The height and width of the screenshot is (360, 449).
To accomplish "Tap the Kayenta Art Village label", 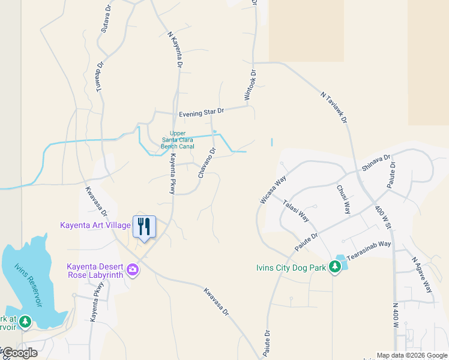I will (95, 226).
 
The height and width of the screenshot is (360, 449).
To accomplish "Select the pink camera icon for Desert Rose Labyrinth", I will (133, 271).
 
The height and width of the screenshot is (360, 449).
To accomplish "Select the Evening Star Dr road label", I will (201, 112).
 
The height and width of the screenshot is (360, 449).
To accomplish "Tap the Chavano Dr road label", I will (206, 163).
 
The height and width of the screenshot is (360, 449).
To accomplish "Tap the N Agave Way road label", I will (422, 275).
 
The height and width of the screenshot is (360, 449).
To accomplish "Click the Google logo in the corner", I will (19, 353).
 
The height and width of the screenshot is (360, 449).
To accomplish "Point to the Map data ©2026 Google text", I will (411, 355).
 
